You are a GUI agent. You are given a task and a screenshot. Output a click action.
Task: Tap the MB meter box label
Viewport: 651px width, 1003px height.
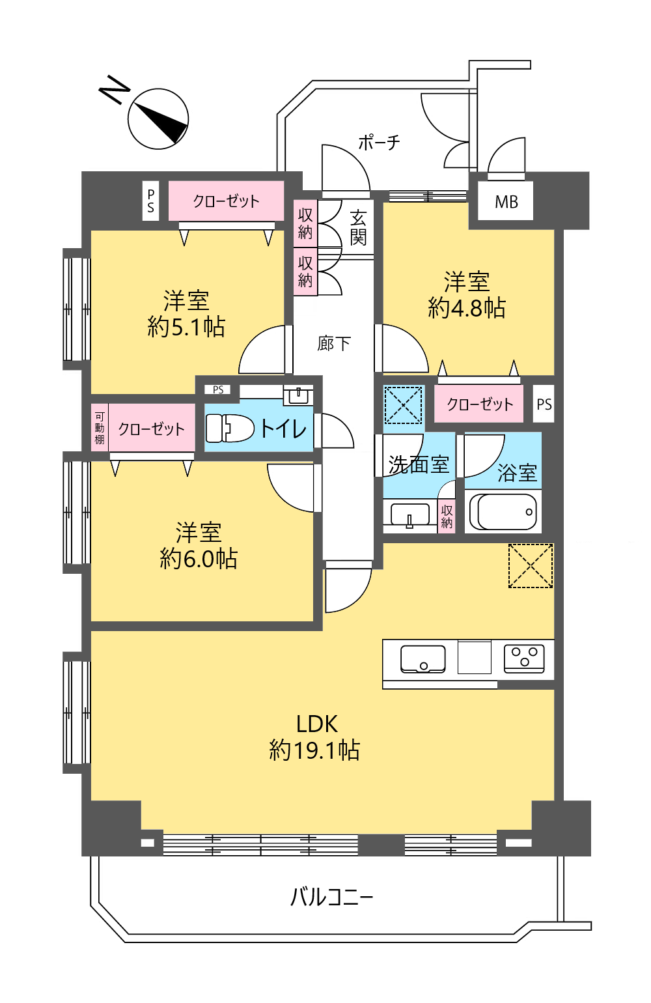pyautogui.click(x=506, y=202)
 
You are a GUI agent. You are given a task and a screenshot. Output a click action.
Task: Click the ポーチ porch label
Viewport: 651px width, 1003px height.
pyautogui.click(x=379, y=143)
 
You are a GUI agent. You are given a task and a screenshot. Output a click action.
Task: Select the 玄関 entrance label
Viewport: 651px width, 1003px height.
pyautogui.click(x=359, y=228)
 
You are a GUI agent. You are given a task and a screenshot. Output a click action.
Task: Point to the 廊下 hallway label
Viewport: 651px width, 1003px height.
pyautogui.click(x=334, y=343)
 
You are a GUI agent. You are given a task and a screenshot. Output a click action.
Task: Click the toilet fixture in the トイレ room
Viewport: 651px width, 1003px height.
pyautogui.click(x=230, y=428)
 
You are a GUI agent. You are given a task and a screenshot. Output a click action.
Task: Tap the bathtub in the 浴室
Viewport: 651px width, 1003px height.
pyautogui.click(x=503, y=511)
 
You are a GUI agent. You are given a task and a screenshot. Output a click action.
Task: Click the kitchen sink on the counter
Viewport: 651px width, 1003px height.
pyautogui.click(x=422, y=659)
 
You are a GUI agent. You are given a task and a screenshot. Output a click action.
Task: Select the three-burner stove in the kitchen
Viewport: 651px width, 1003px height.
pyautogui.click(x=524, y=658)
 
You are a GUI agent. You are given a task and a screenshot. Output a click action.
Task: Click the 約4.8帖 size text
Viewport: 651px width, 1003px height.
pyautogui.click(x=467, y=308)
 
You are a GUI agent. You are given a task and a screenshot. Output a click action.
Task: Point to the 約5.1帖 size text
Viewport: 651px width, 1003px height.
pyautogui.click(x=186, y=327)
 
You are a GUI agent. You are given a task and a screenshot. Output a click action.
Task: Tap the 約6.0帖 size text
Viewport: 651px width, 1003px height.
pyautogui.click(x=199, y=559)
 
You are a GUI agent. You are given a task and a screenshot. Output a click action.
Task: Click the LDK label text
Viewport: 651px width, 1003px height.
pyautogui.click(x=317, y=724)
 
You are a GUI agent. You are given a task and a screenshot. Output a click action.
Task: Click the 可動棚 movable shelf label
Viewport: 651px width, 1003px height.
pyautogui.click(x=100, y=429)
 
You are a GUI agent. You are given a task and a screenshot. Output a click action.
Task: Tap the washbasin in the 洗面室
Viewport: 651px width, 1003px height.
pyautogui.click(x=410, y=515)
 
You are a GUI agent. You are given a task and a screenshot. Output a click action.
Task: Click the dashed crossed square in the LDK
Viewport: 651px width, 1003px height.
pyautogui.click(x=531, y=565)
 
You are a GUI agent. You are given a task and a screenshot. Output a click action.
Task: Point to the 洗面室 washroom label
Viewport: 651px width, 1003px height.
pyautogui.click(x=419, y=464)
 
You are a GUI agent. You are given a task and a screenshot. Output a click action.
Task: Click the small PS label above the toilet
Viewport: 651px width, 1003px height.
pyautogui.click(x=218, y=389)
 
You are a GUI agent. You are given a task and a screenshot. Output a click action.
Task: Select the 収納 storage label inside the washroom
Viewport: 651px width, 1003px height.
pyautogui.click(x=447, y=516)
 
